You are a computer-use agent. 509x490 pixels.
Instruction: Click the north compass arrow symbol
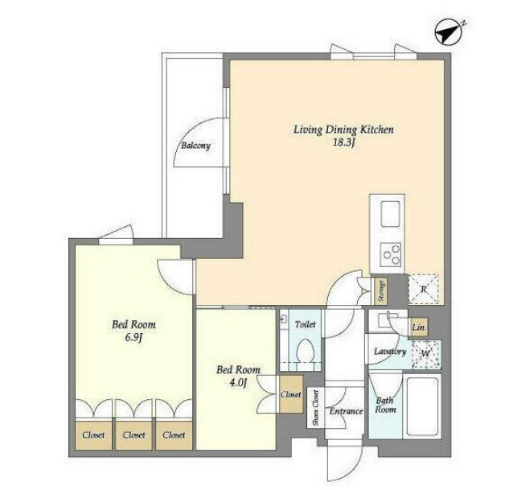[449, 32]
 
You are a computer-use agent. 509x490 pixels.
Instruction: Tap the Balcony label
[195, 146]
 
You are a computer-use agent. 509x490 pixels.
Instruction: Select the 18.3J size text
[343, 142]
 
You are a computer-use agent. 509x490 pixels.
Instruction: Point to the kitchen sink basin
[390, 214]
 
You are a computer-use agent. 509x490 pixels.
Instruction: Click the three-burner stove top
[391, 254]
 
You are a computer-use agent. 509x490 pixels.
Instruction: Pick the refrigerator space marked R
[423, 290]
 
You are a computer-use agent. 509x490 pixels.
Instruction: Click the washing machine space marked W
[426, 354]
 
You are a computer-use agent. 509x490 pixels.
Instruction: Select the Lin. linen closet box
[419, 327]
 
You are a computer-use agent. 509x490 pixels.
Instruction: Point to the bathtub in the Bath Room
[421, 406]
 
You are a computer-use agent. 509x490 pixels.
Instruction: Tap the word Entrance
[346, 411]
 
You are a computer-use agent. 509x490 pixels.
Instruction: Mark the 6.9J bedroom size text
[134, 338]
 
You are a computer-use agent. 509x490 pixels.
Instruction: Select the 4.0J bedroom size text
[239, 383]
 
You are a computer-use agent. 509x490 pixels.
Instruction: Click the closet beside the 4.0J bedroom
[291, 394]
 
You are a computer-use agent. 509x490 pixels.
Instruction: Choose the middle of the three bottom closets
[133, 435]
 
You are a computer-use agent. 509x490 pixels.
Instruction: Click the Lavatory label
[390, 352]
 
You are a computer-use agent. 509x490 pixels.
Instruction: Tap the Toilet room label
[305, 324]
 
